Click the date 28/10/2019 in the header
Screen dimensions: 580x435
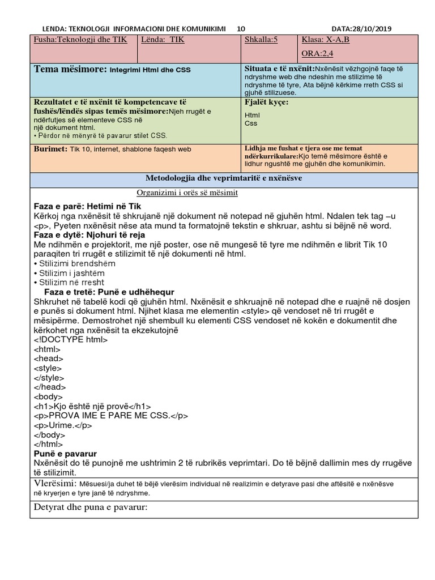(x=374, y=29)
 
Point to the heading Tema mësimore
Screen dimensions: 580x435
(x=71, y=69)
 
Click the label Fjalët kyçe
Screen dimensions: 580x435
(x=266, y=103)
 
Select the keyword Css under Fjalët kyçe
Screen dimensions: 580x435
(x=250, y=123)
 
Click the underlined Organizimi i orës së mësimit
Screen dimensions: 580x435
(x=187, y=193)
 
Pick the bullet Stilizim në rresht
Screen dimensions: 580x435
(x=71, y=282)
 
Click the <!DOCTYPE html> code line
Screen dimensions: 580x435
(x=71, y=340)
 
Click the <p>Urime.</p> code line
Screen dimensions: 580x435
(x=63, y=425)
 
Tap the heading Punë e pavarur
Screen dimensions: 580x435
(x=65, y=454)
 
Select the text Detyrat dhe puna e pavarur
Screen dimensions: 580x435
(x=91, y=506)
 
